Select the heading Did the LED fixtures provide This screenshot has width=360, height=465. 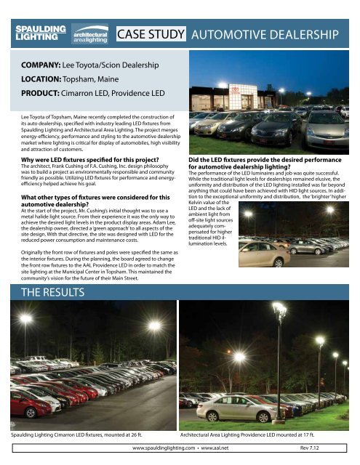[x=265, y=161]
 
